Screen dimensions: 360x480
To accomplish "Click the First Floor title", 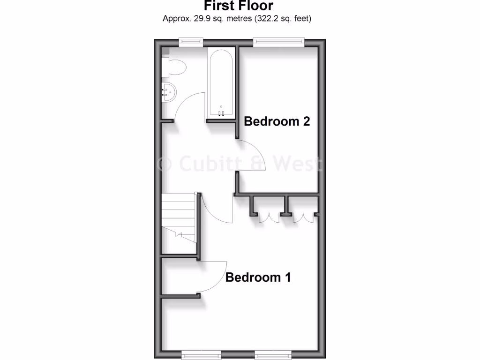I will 238,6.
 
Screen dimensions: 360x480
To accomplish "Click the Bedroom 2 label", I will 277,121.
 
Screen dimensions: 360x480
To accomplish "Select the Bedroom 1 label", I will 258,277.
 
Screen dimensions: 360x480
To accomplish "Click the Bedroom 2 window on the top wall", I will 278,42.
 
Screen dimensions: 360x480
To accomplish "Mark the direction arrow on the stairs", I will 180,233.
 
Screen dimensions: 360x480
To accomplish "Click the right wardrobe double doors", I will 303,218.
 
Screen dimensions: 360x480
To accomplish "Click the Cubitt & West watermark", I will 239,164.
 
